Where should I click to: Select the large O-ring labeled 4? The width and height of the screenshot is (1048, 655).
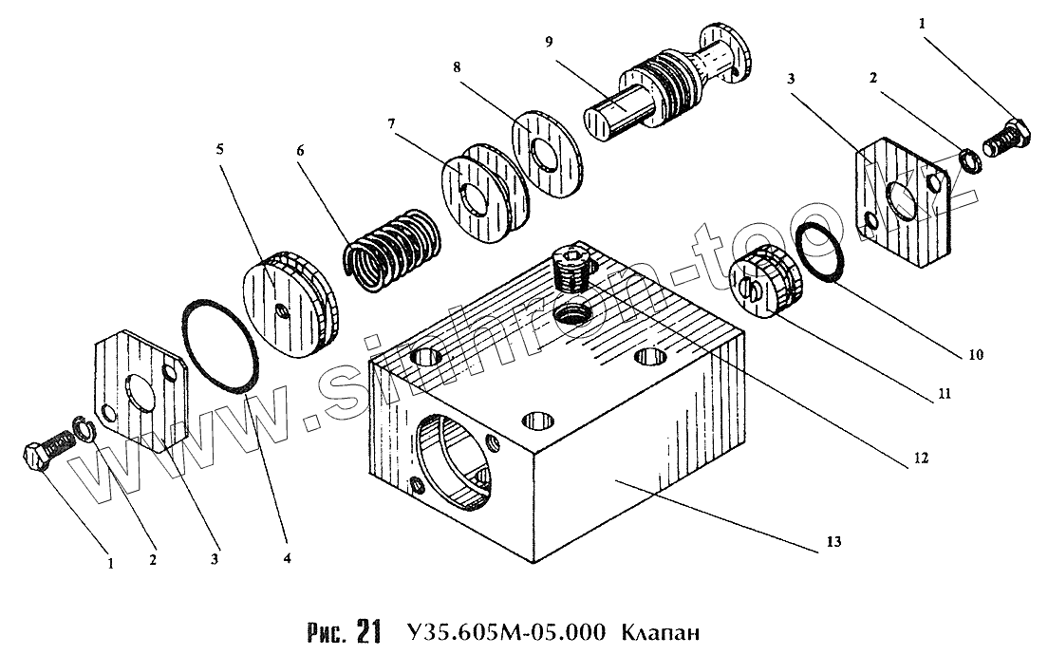click(x=221, y=346)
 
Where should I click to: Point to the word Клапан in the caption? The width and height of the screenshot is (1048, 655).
click(x=665, y=630)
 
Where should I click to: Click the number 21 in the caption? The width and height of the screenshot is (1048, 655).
click(x=368, y=630)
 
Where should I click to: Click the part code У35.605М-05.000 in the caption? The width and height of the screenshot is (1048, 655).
click(x=507, y=630)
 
